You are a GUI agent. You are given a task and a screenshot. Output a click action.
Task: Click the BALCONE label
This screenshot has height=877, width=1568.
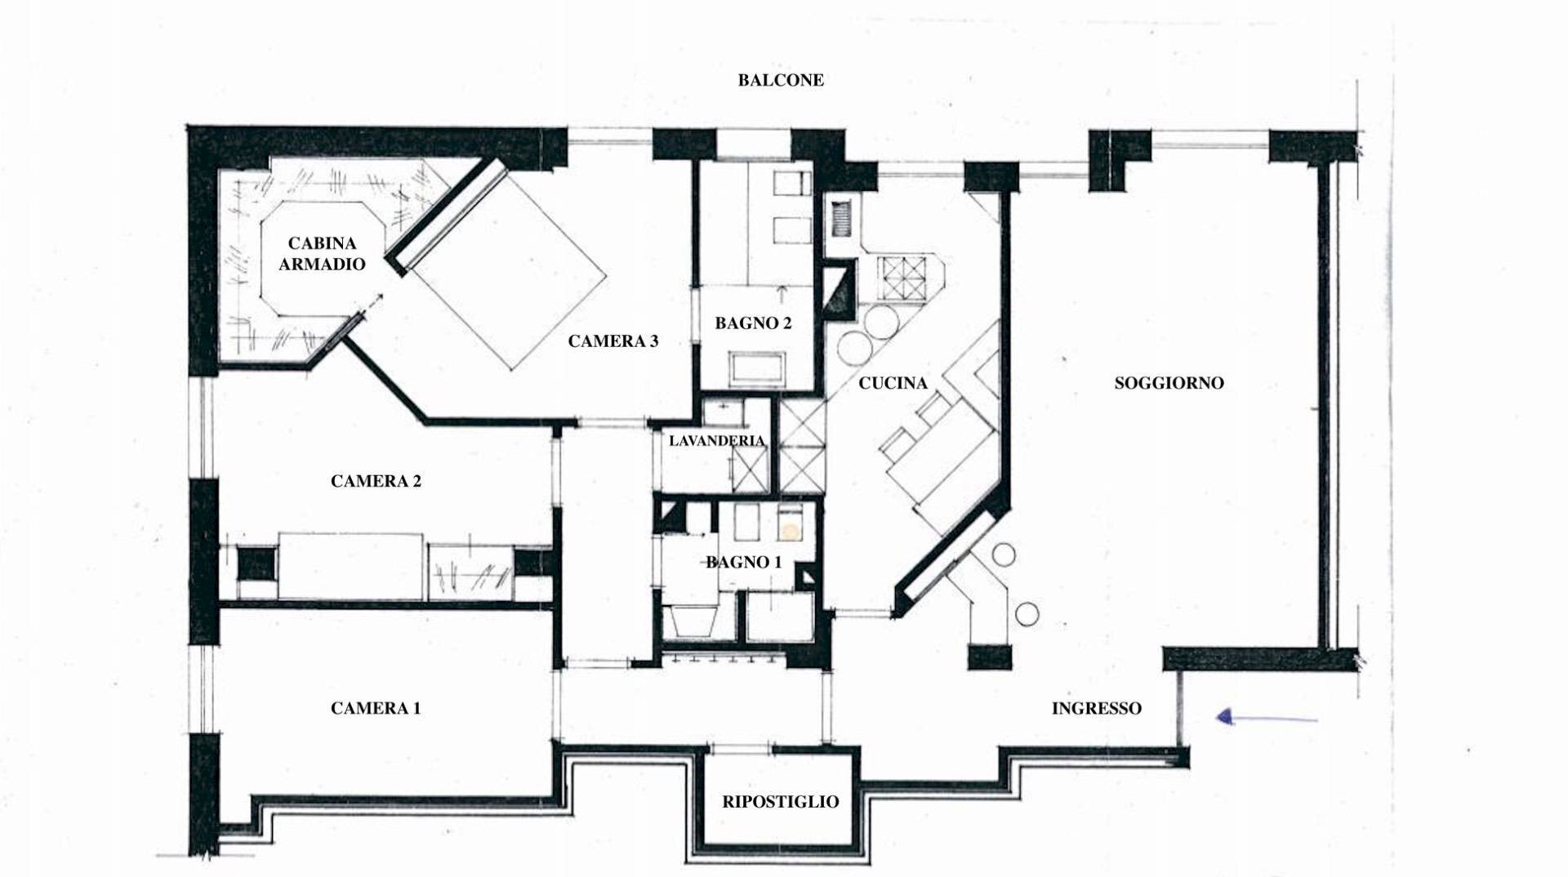[x=781, y=80]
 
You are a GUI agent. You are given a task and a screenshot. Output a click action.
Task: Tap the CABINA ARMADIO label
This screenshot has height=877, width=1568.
[x=322, y=253]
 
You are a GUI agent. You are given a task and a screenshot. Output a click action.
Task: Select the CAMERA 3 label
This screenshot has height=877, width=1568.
[x=612, y=341]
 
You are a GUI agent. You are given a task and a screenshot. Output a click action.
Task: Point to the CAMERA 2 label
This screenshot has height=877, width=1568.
[x=376, y=481]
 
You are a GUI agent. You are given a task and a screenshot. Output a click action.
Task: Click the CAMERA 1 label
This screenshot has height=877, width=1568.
[x=376, y=708]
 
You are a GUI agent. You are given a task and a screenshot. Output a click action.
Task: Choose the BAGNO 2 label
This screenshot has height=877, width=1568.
[x=753, y=323]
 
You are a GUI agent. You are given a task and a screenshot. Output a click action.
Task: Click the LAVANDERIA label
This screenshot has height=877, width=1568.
[x=716, y=441]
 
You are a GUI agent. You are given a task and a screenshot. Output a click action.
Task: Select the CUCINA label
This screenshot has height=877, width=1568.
[x=893, y=383]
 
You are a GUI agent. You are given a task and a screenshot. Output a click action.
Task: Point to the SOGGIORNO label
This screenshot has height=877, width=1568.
[x=1169, y=383]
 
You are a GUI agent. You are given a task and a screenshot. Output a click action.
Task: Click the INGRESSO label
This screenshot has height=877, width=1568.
[x=1096, y=709]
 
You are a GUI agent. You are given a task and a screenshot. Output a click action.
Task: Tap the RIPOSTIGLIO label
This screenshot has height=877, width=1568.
[x=780, y=802]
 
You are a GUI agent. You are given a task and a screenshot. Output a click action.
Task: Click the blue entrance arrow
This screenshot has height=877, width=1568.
[x=1266, y=719]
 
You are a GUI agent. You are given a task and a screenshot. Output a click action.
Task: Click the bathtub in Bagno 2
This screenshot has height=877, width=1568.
[x=759, y=369]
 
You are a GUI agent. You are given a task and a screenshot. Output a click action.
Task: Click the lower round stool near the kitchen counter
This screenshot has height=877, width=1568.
[x=1027, y=612]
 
